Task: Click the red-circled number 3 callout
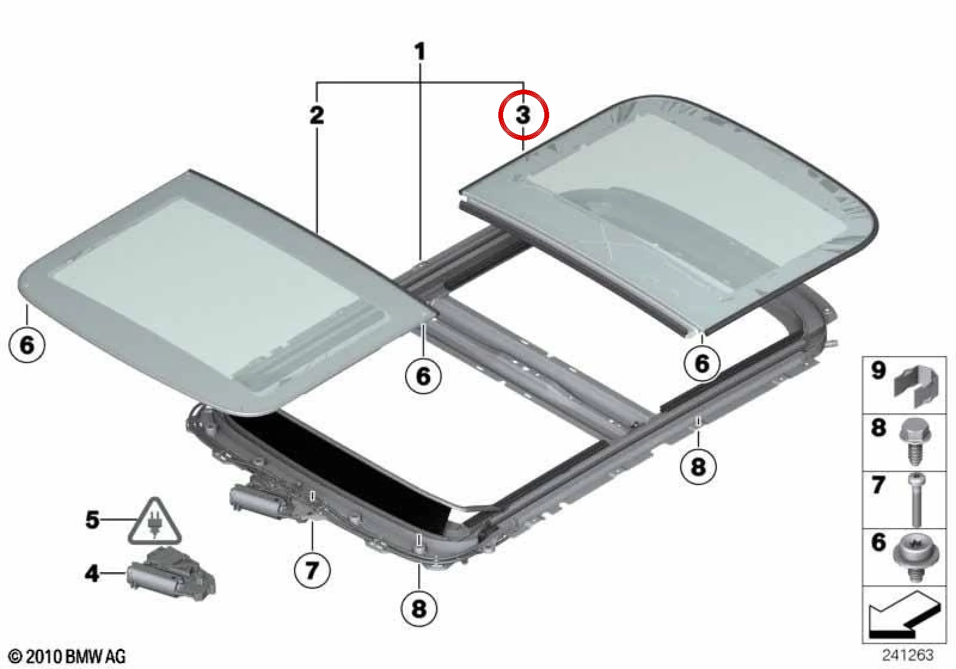523,115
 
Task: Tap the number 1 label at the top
421,52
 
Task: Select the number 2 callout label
317,115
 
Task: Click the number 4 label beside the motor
93,573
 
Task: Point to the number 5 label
93,520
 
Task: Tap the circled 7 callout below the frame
312,569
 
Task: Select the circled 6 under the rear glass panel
702,364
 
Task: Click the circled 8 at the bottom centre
419,607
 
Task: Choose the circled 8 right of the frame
698,467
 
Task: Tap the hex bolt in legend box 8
914,441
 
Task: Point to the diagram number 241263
908,655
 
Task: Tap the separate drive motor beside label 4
171,572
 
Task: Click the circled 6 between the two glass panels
424,376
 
